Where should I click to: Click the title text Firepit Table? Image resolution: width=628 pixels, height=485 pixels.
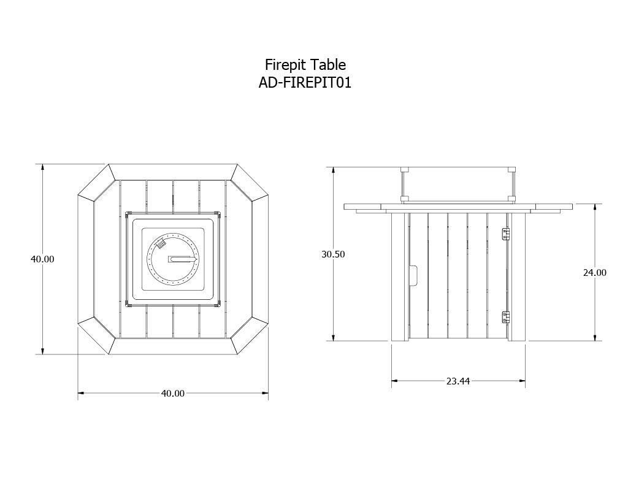305,65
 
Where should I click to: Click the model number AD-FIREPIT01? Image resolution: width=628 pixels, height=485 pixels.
305,83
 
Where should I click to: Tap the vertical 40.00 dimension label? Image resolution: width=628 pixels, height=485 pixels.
42,259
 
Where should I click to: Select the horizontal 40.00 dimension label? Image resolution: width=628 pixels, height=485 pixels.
172,393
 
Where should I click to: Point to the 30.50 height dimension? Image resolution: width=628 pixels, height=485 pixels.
333,254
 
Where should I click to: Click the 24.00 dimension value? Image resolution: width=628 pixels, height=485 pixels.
595,273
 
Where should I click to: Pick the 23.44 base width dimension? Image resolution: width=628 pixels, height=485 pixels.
458,381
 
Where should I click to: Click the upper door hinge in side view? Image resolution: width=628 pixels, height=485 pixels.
506,234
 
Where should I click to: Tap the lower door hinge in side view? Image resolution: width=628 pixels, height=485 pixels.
506,317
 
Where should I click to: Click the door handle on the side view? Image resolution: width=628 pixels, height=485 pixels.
414,275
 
